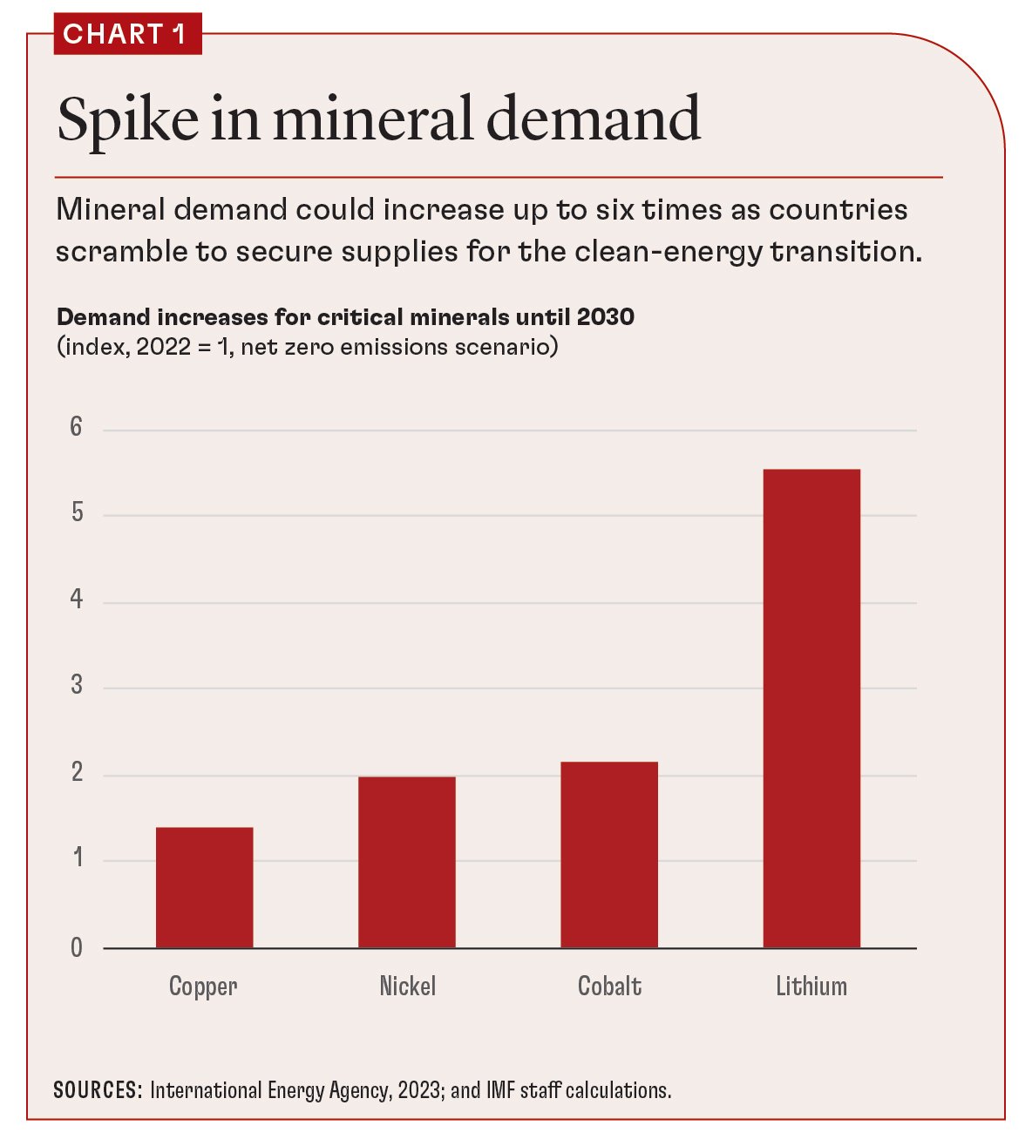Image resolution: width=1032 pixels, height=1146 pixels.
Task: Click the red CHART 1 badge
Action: (127, 34)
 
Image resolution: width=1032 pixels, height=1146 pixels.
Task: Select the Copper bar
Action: (204, 887)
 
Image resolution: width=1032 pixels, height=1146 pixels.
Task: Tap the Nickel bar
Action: (406, 861)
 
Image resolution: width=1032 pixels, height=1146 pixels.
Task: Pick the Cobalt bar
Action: (608, 854)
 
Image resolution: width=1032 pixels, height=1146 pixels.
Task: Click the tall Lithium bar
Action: (811, 708)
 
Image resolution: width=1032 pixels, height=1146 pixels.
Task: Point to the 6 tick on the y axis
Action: (77, 427)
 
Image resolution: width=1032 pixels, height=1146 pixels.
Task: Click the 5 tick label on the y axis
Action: (77, 512)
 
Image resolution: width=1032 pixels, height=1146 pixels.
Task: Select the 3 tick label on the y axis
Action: (77, 686)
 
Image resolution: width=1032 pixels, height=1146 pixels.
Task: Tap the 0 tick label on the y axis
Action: (77, 947)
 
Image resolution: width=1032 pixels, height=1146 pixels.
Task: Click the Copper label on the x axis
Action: (203, 987)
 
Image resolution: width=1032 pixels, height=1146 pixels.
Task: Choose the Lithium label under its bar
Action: (811, 987)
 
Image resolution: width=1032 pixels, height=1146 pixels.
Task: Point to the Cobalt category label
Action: (609, 987)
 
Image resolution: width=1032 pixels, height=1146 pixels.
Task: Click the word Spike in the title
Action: (127, 120)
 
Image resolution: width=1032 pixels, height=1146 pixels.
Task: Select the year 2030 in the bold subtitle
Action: (605, 316)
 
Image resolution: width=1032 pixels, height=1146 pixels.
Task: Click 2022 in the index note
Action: (163, 347)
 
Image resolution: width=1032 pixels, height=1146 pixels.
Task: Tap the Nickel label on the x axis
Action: (407, 987)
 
